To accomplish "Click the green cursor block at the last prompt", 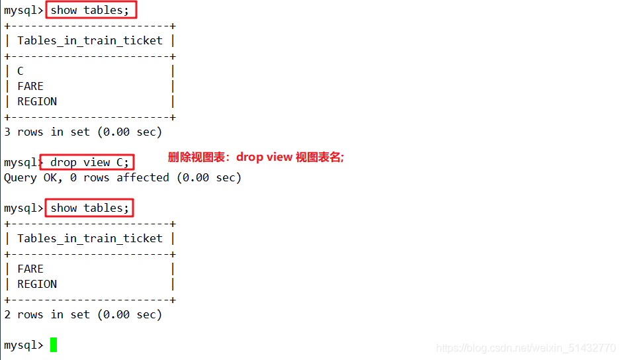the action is (54, 345).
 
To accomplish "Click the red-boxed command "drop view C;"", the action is (89, 162).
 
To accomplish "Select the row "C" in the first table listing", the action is (21, 71).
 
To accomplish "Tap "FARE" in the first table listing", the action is (30, 86).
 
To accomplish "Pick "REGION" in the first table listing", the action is (37, 101).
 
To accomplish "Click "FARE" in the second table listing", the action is (30, 269).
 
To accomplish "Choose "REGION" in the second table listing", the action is (37, 284).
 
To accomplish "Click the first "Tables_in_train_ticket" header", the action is (90, 40).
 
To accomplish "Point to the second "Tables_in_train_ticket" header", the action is (90, 238).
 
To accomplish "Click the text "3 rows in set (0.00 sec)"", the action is (83, 132).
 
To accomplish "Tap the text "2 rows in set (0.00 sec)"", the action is (83, 314).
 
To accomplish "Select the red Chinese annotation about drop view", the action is (256, 157).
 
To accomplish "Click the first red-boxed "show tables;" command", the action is (91, 10).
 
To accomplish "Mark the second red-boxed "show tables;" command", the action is (89, 208).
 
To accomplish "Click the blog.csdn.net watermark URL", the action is (526, 348).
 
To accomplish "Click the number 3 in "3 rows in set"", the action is (7, 132).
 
